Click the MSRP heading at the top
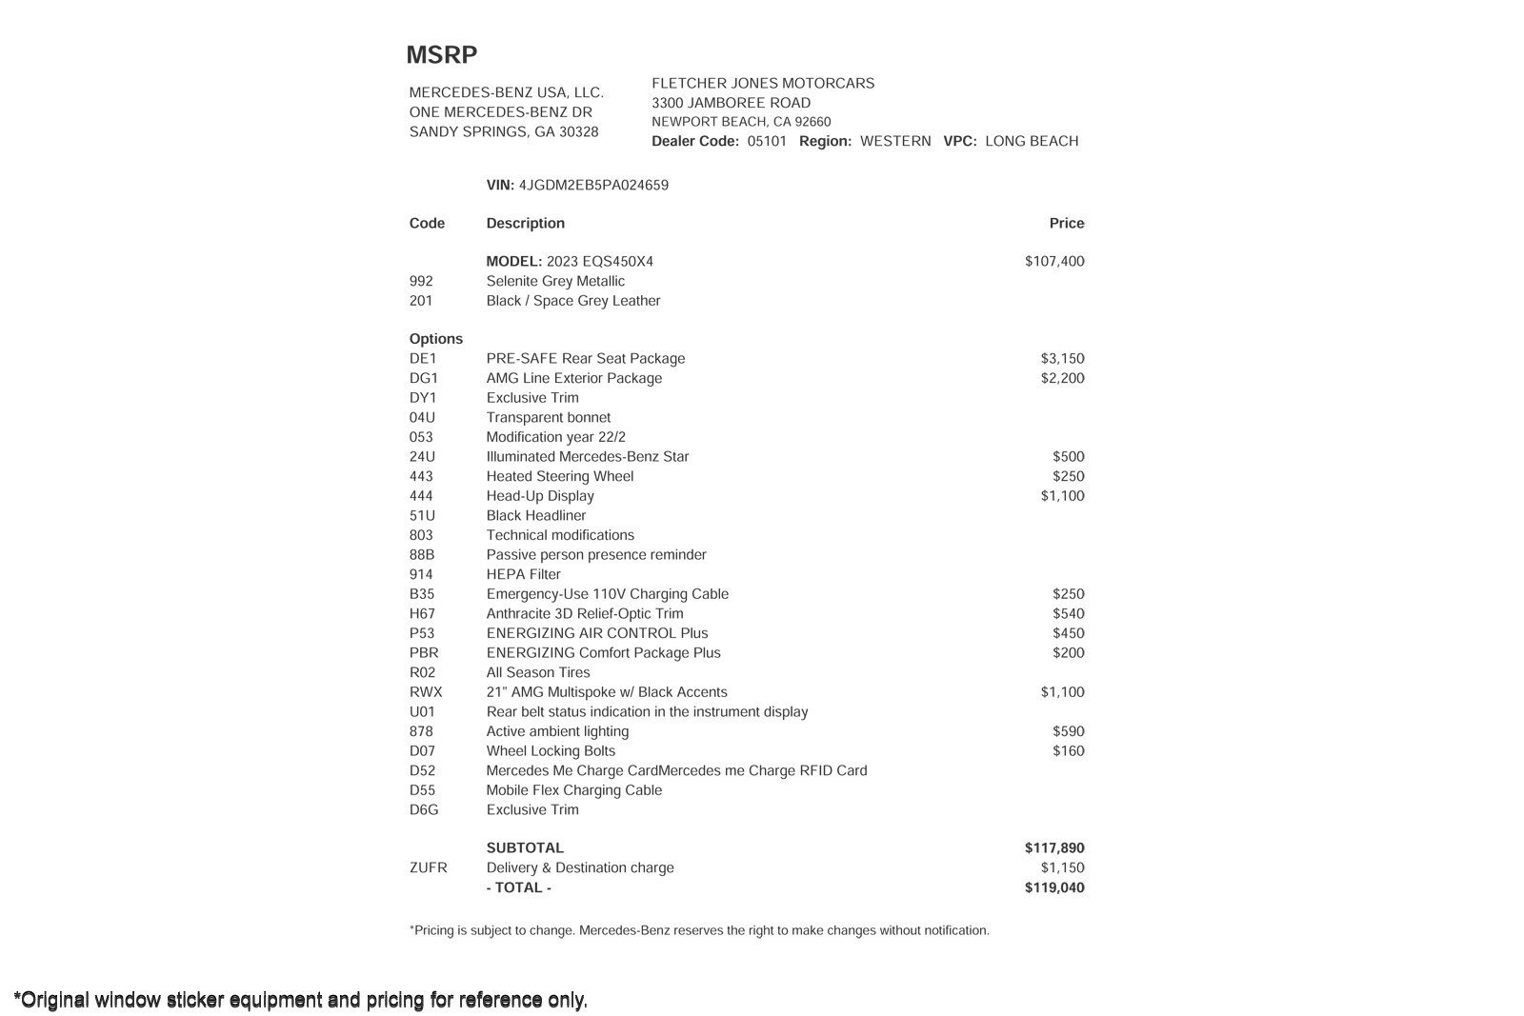point(441,55)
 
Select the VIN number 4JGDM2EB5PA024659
point(593,186)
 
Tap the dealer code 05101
point(767,141)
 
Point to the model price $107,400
point(1054,262)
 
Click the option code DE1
point(423,359)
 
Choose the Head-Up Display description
point(540,496)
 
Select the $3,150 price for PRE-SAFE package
point(1062,359)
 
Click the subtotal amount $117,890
point(1054,848)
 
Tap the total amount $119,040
point(1054,888)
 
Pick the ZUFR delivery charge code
point(428,868)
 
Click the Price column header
point(1067,224)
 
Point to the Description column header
point(525,224)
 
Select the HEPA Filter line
point(523,575)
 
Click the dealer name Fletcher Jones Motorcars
point(763,84)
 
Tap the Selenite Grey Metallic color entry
point(555,282)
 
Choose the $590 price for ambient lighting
point(1068,732)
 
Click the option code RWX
point(426,693)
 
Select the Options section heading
point(435,340)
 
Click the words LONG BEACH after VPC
point(1032,141)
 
